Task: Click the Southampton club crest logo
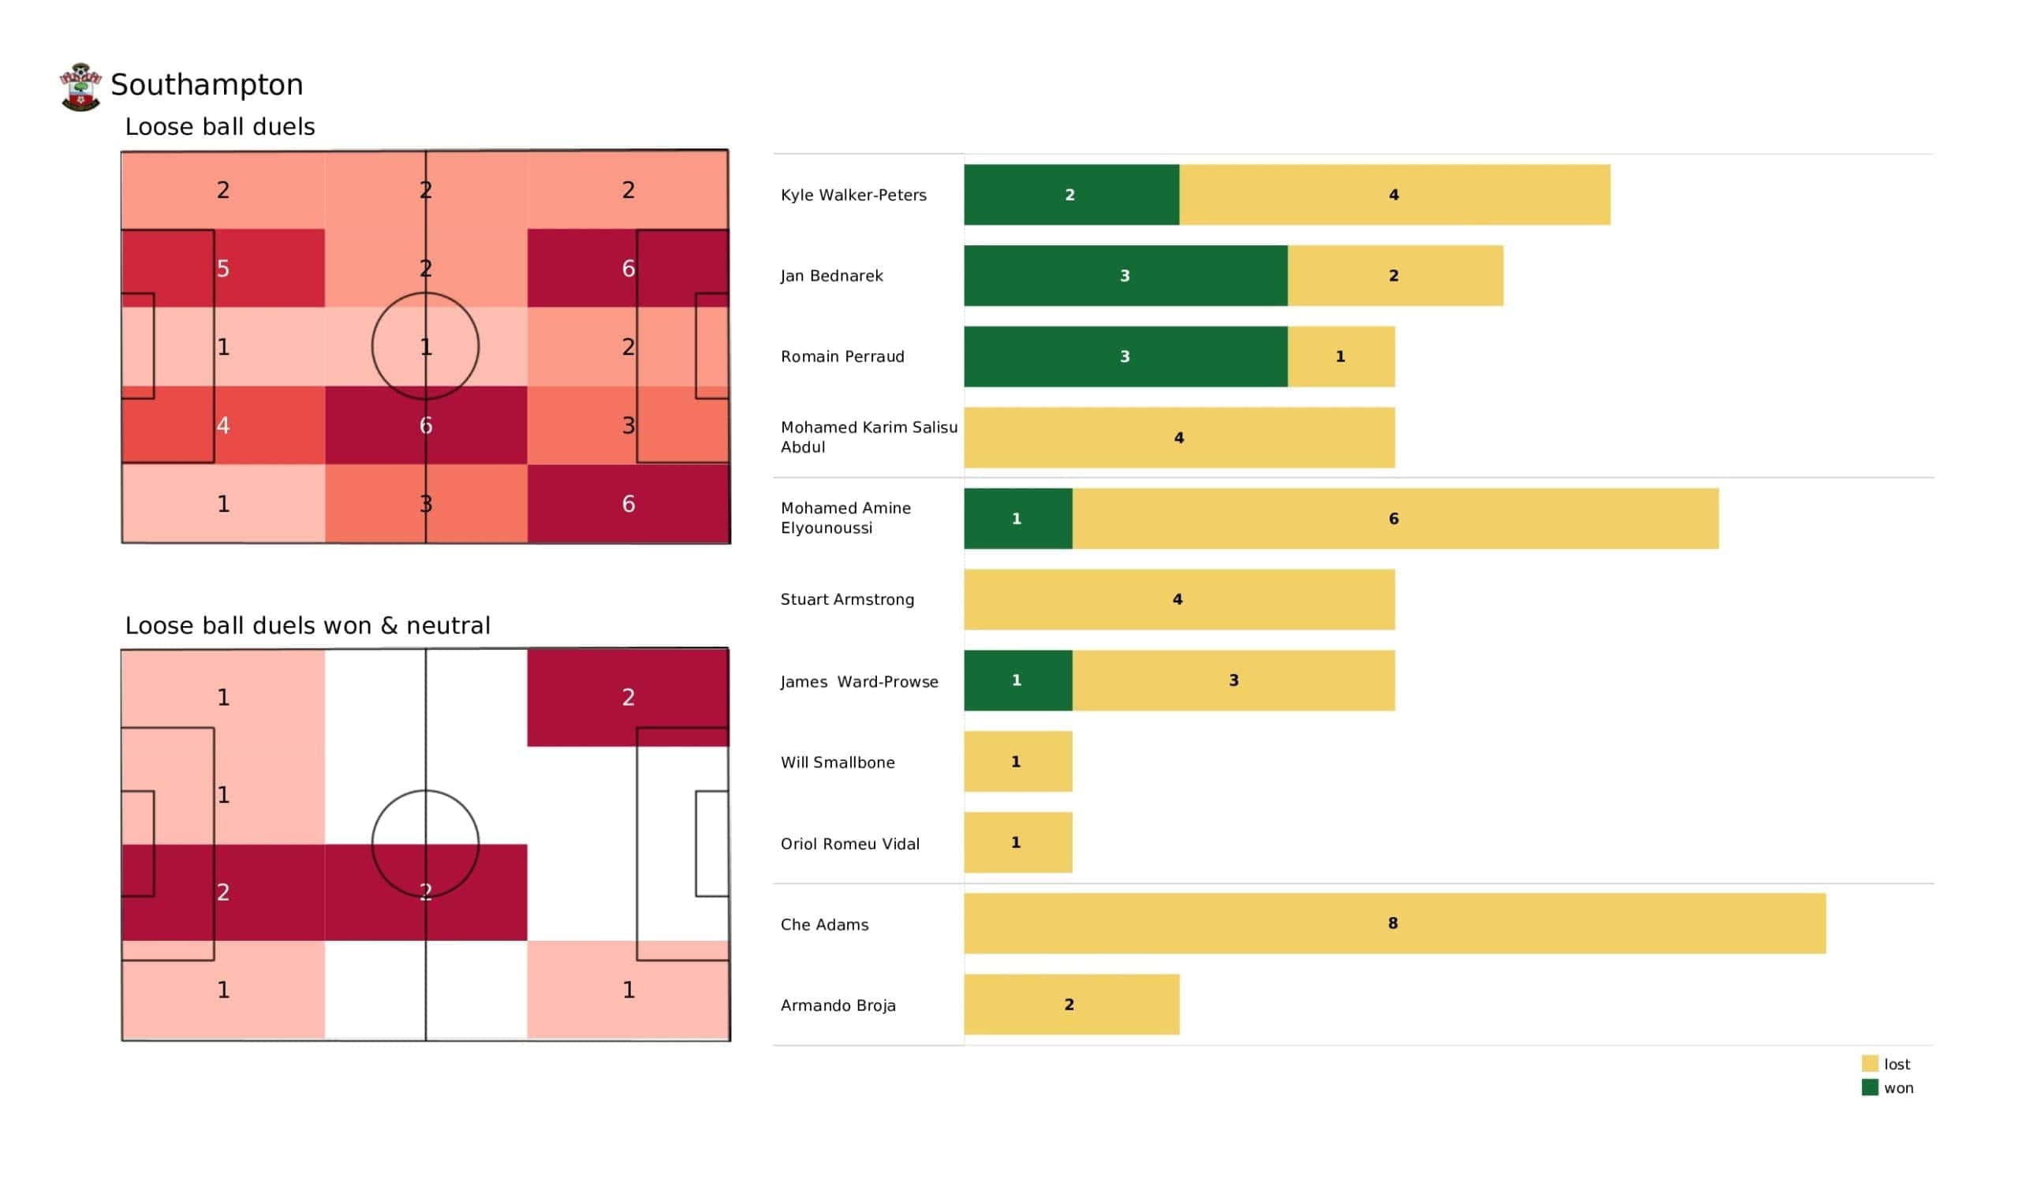[x=80, y=87]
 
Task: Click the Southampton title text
[x=207, y=85]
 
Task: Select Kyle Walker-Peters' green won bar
[x=1071, y=195]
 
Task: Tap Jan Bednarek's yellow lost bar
[x=1395, y=276]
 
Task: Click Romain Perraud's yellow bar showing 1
[x=1342, y=356]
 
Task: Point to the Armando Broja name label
[x=838, y=1005]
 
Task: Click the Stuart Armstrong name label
[x=847, y=599]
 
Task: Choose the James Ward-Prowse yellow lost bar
[x=1233, y=681]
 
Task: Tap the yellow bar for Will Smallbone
[x=1017, y=762]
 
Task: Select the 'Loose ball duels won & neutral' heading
[x=308, y=626]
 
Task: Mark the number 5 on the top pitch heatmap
[x=223, y=268]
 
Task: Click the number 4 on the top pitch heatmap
[x=223, y=426]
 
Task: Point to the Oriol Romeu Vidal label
[x=850, y=844]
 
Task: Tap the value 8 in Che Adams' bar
[x=1394, y=924]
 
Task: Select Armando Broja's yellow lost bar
[x=1071, y=1005]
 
